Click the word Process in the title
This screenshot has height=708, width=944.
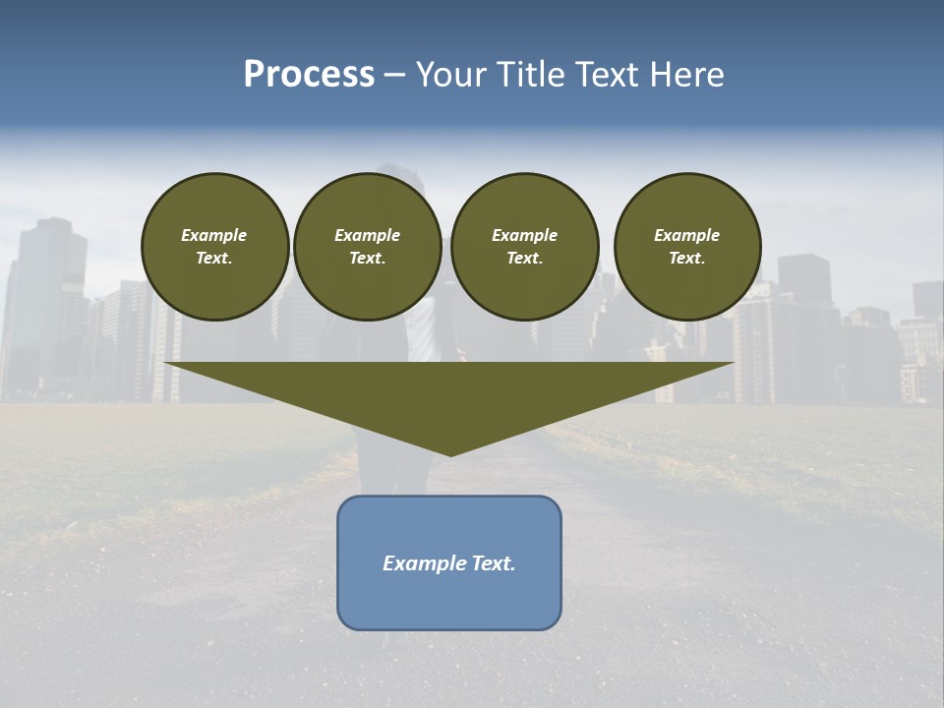pyautogui.click(x=309, y=75)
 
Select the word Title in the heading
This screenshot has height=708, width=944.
pyautogui.click(x=530, y=75)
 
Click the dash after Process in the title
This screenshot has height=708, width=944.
pyautogui.click(x=393, y=76)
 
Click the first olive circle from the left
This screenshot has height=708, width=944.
pyautogui.click(x=214, y=246)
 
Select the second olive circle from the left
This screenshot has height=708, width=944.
pyautogui.click(x=367, y=246)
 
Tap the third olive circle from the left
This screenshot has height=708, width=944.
pyautogui.click(x=524, y=246)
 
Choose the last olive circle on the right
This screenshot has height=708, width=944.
pyautogui.click(x=686, y=246)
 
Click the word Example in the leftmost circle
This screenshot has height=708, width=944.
pyautogui.click(x=214, y=235)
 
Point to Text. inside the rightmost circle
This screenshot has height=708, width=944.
pyautogui.click(x=686, y=259)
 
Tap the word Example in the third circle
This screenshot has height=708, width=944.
pyautogui.click(x=524, y=235)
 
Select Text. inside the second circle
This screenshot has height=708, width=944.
pyautogui.click(x=367, y=259)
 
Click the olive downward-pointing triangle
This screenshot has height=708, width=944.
pyautogui.click(x=449, y=393)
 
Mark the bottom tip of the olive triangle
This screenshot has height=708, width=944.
pyautogui.click(x=450, y=454)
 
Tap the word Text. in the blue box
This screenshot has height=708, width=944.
pyautogui.click(x=493, y=563)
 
